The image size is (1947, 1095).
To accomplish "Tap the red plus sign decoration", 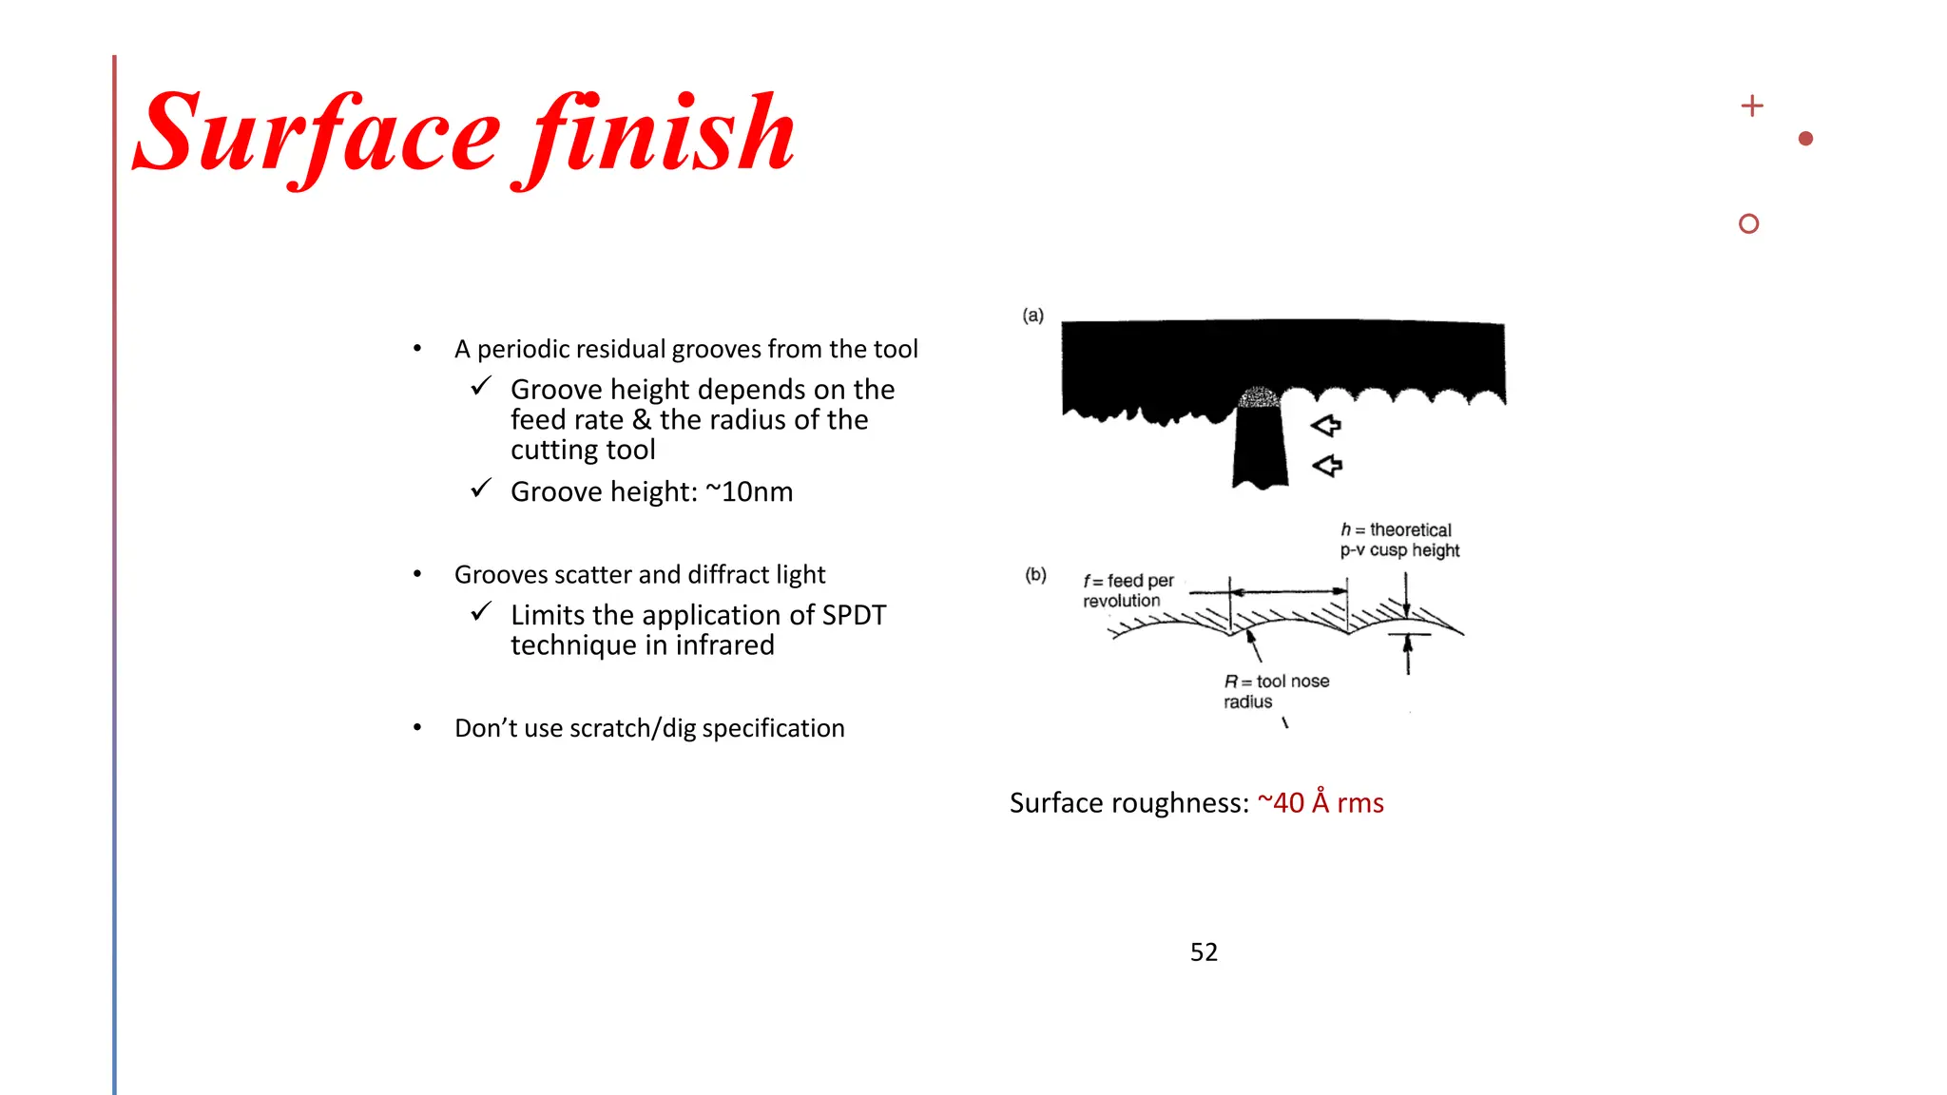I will (x=1751, y=106).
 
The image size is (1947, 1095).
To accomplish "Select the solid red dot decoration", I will (x=1805, y=139).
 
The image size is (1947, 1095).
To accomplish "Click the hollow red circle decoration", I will (x=1747, y=223).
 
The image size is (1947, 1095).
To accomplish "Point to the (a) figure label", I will (x=1032, y=315).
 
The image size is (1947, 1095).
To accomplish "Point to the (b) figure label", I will (x=1034, y=574).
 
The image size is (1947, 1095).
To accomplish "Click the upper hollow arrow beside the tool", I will (x=1326, y=425).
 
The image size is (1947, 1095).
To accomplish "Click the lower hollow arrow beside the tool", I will (x=1327, y=466).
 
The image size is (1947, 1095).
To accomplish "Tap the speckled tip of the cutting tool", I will (x=1259, y=396).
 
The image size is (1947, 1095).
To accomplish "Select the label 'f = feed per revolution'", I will (x=1128, y=590).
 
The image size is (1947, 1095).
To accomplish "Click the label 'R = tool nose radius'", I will (x=1276, y=691).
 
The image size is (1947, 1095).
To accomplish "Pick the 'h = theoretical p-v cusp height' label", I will (x=1398, y=540).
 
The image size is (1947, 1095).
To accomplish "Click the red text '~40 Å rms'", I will (x=1320, y=803).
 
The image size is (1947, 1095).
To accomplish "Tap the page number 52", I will (x=1204, y=951).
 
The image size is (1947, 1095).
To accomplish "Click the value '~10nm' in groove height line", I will (x=749, y=491).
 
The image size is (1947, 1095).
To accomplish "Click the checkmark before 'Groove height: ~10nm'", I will (x=481, y=489).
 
